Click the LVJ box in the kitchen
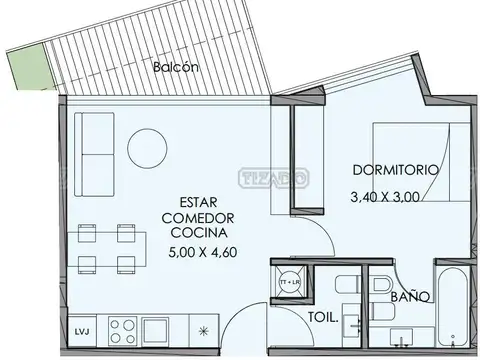coord(80,327)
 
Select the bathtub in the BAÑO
coord(452,300)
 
